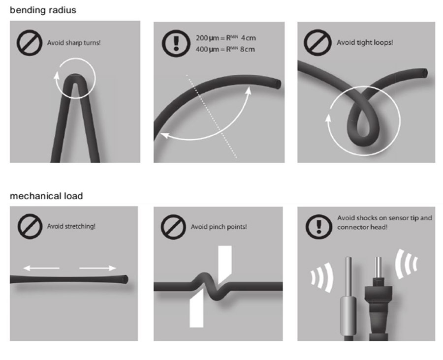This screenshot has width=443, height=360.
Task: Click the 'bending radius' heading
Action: pyautogui.click(x=43, y=10)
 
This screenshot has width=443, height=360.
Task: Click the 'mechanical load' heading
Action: pyautogui.click(x=46, y=196)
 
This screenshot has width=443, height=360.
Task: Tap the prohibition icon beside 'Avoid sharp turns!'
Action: pyautogui.click(x=30, y=43)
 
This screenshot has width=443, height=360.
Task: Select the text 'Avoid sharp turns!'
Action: pyautogui.click(x=74, y=43)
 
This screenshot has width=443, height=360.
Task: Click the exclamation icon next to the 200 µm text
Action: pyautogui.click(x=176, y=44)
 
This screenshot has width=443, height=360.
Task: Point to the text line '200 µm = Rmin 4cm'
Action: pyautogui.click(x=225, y=38)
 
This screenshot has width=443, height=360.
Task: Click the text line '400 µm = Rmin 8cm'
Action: pyautogui.click(x=225, y=49)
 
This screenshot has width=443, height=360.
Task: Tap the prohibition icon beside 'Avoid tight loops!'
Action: pyautogui.click(x=317, y=43)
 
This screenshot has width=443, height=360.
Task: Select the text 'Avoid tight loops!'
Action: pyautogui.click(x=365, y=42)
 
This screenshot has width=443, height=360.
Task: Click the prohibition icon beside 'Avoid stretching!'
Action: pyautogui.click(x=30, y=226)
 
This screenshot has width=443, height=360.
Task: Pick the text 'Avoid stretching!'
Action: pyautogui.click(x=71, y=226)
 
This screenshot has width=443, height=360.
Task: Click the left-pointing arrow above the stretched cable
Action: pyautogui.click(x=41, y=268)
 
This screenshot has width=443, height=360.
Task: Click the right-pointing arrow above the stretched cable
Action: pyautogui.click(x=98, y=268)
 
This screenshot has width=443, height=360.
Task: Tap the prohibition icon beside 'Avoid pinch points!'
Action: pyautogui.click(x=173, y=227)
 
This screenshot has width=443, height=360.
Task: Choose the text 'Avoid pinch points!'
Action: pyautogui.click(x=219, y=227)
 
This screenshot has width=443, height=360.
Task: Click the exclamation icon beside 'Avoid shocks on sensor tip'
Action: pyautogui.click(x=319, y=226)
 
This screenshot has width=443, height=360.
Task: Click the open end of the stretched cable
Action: pyautogui.click(x=125, y=279)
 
